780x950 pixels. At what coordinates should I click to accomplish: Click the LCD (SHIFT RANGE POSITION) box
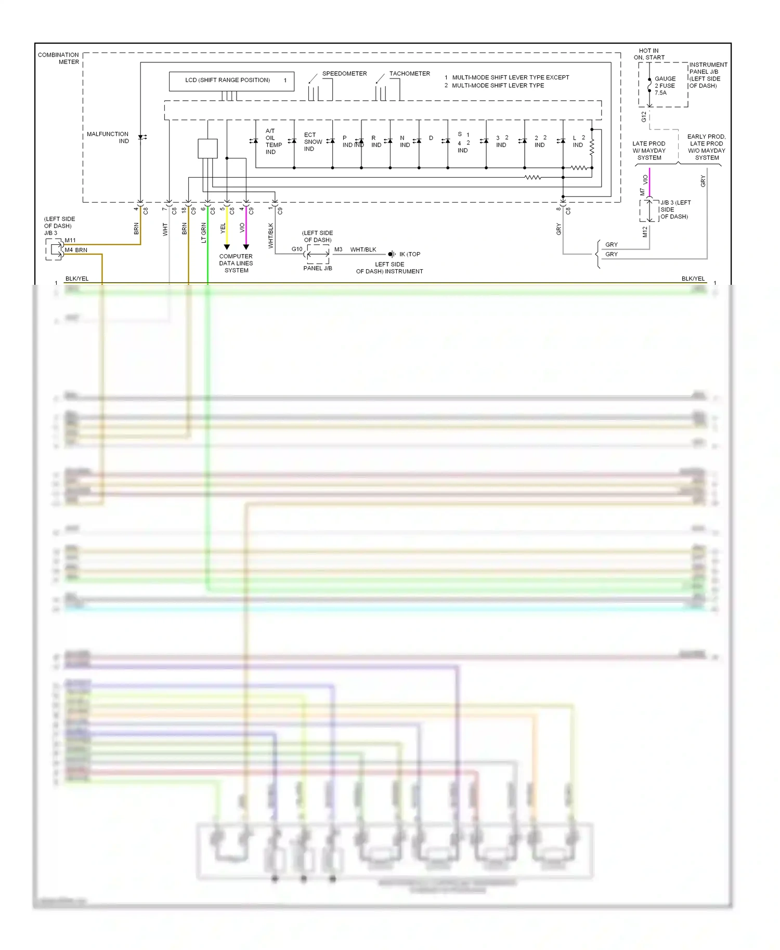coord(231,81)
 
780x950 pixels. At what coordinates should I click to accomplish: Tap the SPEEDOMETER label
coord(344,74)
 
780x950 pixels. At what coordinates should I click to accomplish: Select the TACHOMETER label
coord(409,74)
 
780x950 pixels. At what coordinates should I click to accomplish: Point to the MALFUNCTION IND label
coord(108,138)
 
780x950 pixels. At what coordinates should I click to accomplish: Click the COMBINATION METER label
coord(58,58)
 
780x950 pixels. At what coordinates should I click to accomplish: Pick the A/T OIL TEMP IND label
coord(272,141)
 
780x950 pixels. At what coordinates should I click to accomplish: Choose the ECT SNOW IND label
coord(313,142)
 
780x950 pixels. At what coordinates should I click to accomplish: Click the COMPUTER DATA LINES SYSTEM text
coord(236,263)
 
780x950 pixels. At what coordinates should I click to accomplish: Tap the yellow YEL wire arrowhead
coord(227,247)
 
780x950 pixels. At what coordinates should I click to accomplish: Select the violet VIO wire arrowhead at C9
coord(246,247)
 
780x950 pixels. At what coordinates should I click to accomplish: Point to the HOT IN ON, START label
coord(648,54)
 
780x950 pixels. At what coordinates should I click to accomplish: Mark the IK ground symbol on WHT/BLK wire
coord(392,254)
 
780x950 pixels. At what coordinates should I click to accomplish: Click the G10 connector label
coord(297,249)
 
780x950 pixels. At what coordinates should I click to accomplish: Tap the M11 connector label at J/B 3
coord(70,241)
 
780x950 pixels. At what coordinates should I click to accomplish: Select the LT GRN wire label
coord(204,232)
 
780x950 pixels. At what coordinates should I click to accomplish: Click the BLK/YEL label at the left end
coord(77,279)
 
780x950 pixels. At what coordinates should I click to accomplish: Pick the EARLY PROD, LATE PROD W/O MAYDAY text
coord(706,147)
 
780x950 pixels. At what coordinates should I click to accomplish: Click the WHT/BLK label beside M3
coord(363,250)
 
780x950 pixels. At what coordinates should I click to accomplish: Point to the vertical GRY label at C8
coord(559,229)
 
